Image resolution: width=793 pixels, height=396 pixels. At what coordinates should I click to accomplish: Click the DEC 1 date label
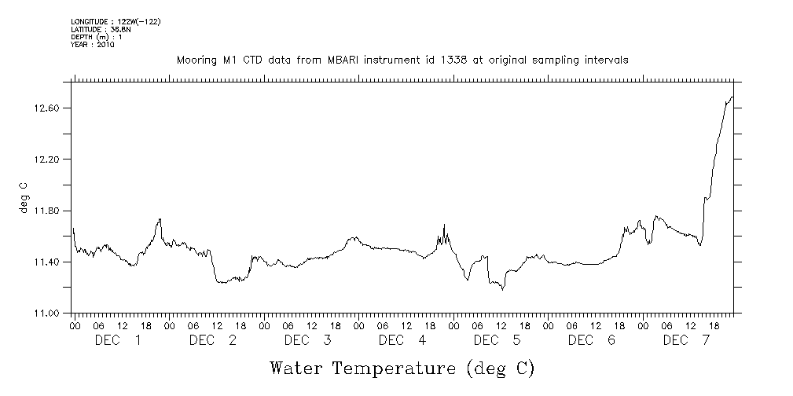click(118, 340)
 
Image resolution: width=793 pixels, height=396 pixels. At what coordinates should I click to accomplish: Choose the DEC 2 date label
click(212, 340)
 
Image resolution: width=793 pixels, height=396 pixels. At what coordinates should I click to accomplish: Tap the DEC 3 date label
click(307, 340)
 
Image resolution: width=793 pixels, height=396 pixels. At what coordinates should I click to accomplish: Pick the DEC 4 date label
click(402, 340)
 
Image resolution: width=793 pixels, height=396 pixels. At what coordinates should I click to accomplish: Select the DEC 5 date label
click(497, 340)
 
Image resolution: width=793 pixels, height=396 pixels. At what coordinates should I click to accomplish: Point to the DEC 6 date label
click(591, 340)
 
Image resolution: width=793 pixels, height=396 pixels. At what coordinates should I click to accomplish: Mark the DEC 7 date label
click(686, 340)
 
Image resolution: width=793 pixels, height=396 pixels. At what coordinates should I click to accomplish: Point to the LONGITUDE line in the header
click(116, 22)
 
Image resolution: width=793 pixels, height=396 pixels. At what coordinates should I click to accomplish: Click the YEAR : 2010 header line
click(93, 45)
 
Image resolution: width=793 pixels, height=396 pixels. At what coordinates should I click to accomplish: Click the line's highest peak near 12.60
click(732, 97)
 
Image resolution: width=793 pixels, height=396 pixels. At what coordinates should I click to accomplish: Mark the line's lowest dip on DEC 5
click(503, 289)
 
